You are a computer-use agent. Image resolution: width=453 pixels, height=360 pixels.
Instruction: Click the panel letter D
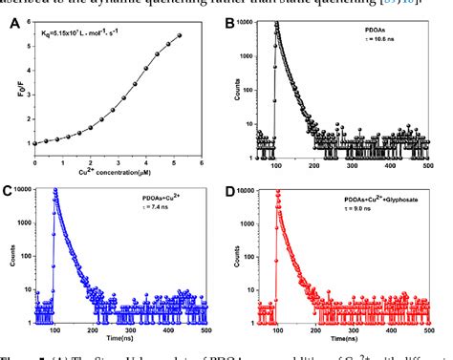242,190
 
